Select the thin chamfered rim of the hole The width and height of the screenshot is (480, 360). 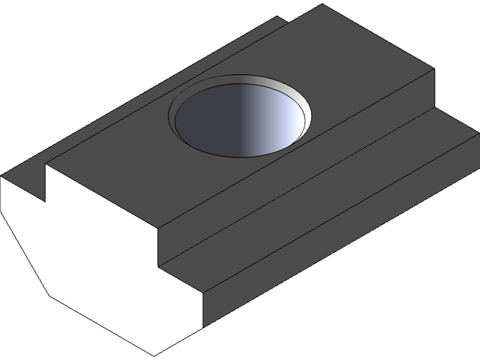(175, 120)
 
